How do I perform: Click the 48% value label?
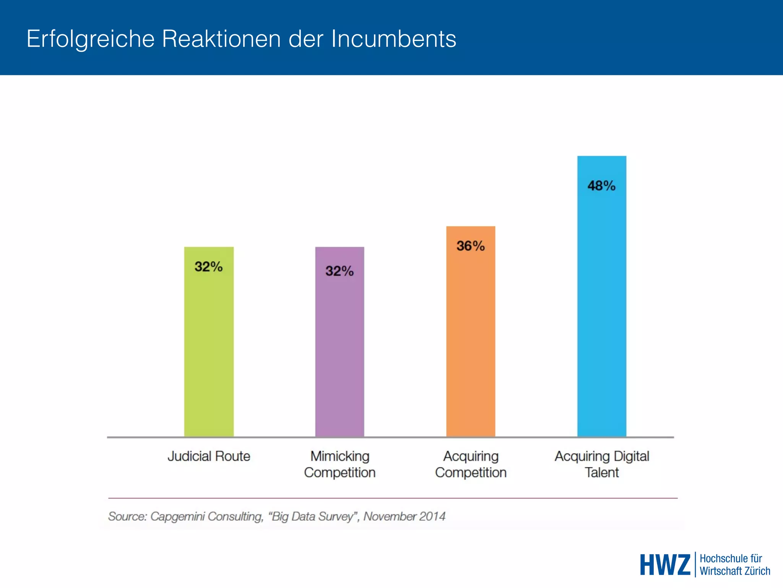click(x=601, y=186)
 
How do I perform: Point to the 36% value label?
click(x=470, y=246)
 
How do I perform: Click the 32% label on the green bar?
click(x=208, y=266)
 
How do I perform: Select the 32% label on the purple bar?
click(x=340, y=271)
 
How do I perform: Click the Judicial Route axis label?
click(x=209, y=456)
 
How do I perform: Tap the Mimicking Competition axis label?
click(x=340, y=464)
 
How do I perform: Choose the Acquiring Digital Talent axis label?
click(x=602, y=464)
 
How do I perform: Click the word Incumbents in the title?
click(x=393, y=39)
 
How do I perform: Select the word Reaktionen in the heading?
click(x=221, y=39)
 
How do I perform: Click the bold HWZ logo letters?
click(x=665, y=565)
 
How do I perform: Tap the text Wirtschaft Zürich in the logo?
click(x=735, y=571)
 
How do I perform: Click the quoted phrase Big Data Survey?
click(x=314, y=516)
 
